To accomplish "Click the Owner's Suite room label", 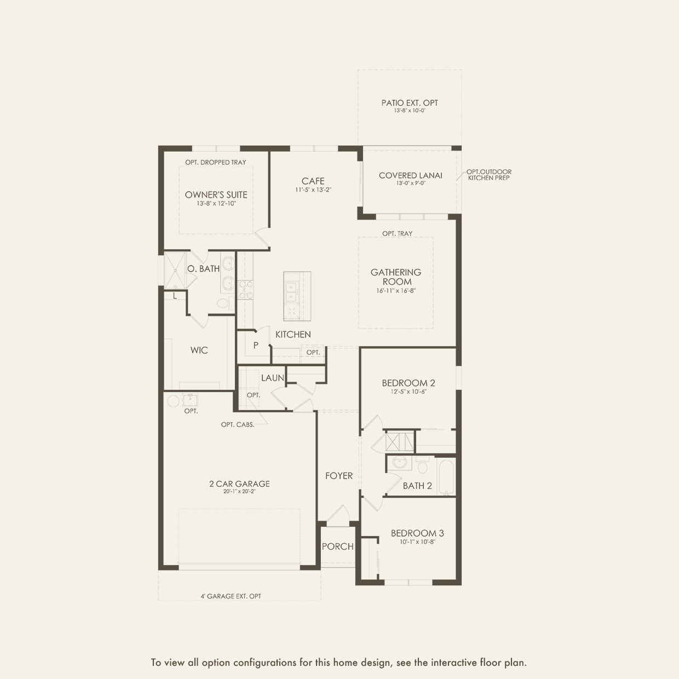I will (x=216, y=194).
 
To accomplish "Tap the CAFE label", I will (x=313, y=181).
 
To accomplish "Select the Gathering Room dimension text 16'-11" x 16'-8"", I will (x=396, y=291).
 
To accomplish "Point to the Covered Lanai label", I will (x=410, y=175).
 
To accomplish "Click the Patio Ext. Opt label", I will (x=410, y=102).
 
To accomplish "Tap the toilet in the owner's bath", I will (x=223, y=303).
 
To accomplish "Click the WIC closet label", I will (x=199, y=350).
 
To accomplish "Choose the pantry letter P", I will (x=255, y=346).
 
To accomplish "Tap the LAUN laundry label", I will (x=272, y=378).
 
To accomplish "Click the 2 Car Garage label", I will (x=239, y=484).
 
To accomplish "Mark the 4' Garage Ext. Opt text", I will (x=231, y=596).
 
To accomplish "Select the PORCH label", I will (x=337, y=546).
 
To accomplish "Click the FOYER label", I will (x=339, y=476).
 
